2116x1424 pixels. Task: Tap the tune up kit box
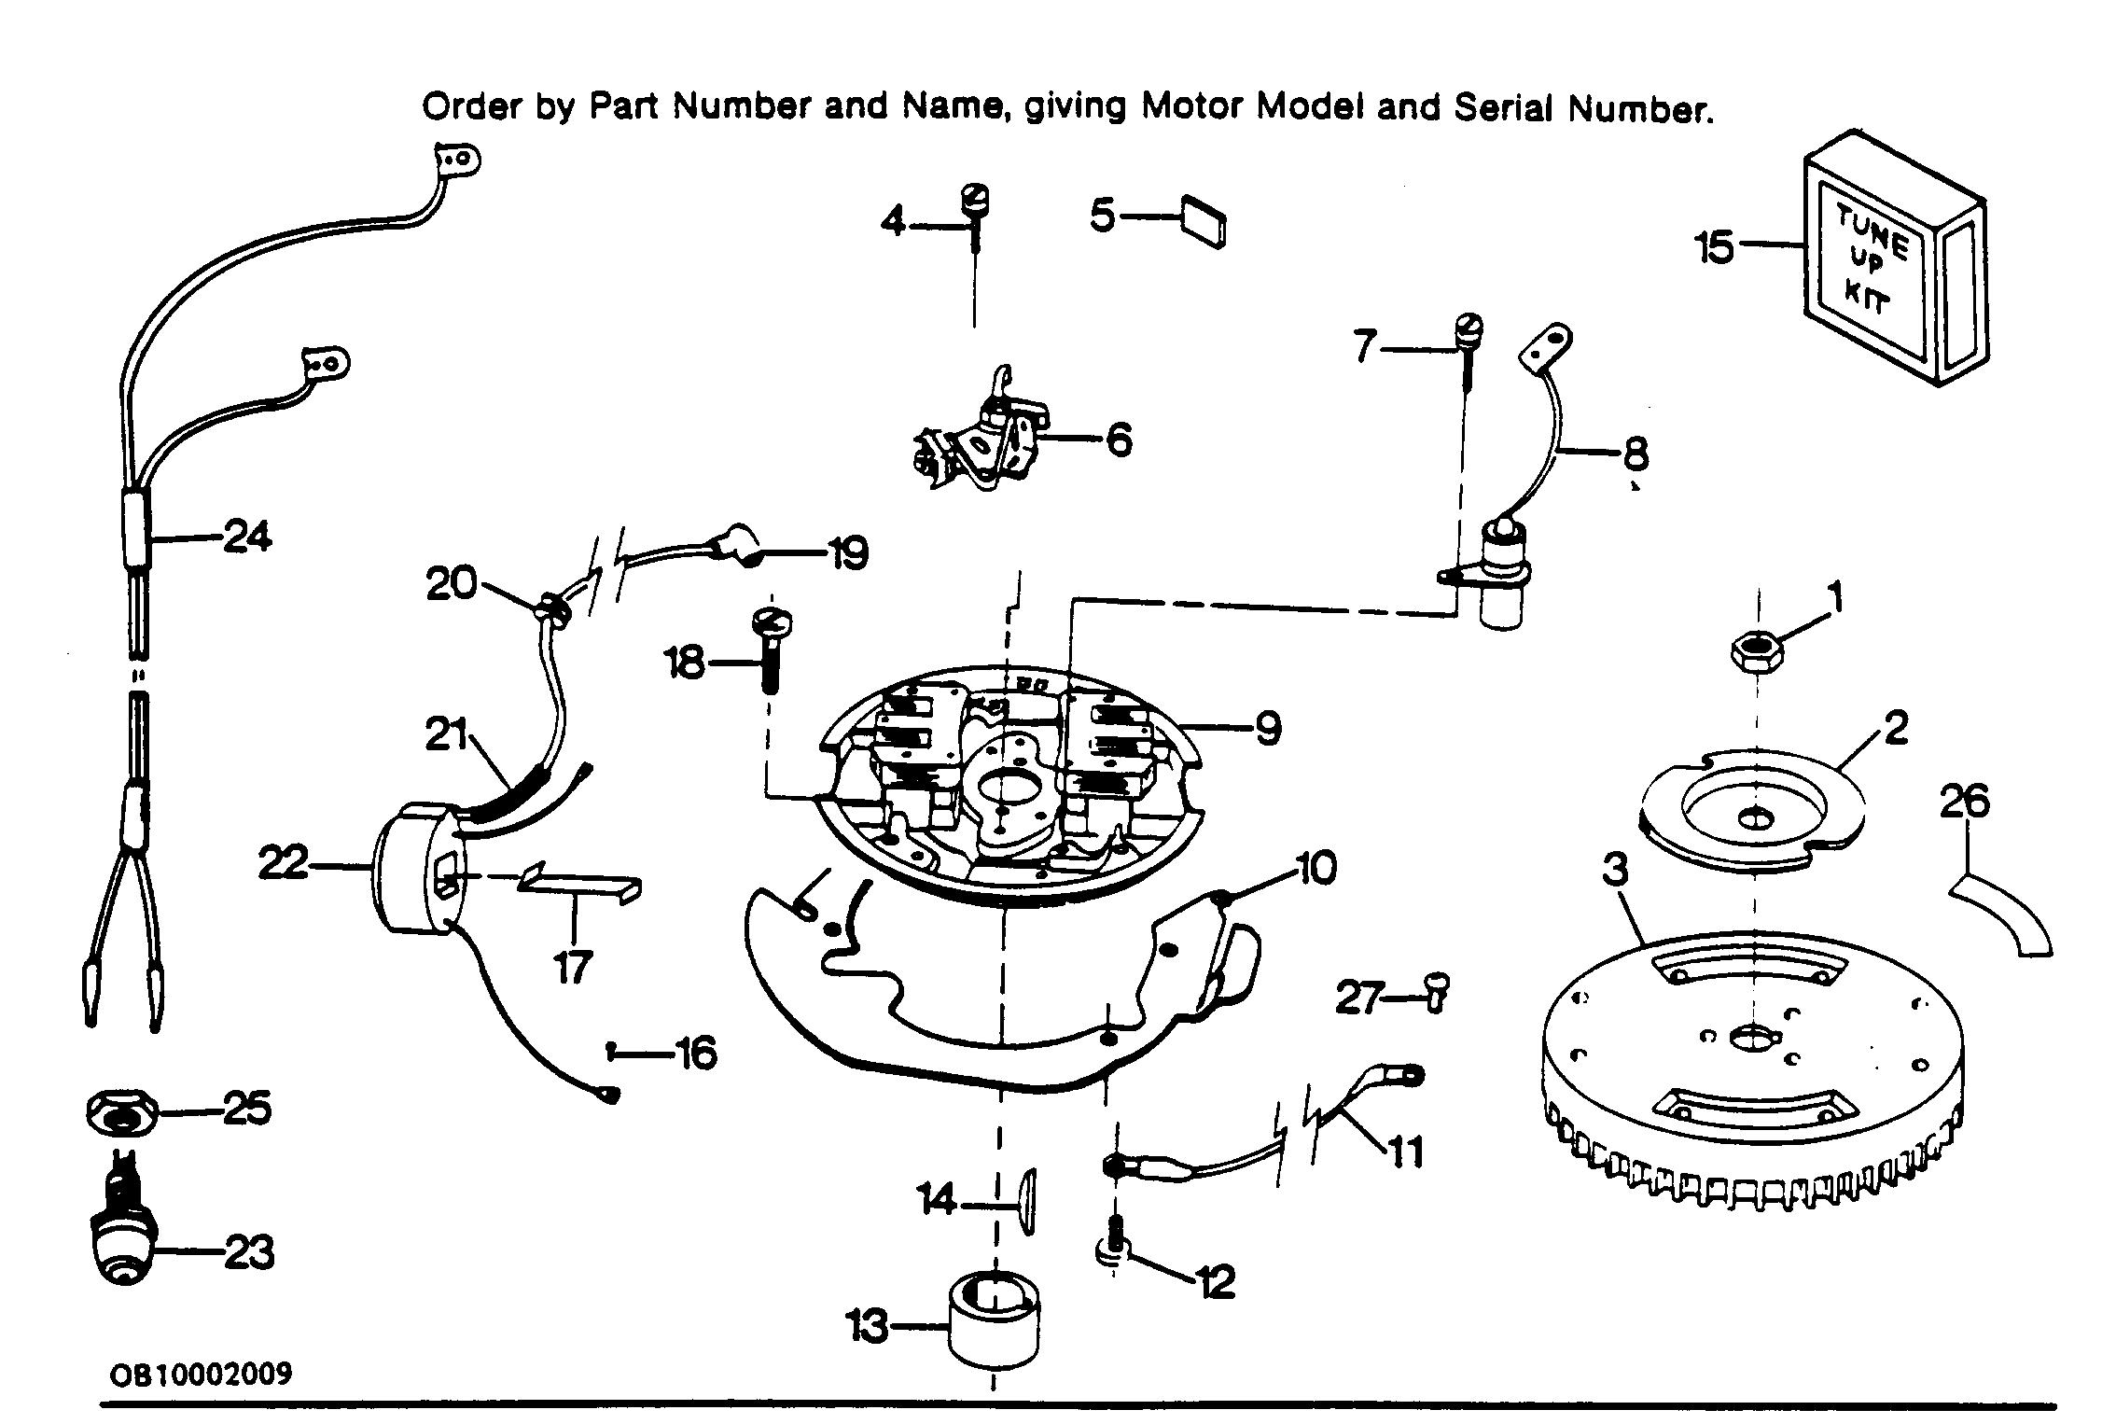pyautogui.click(x=1894, y=269)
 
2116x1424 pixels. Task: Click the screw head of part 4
pyautogui.click(x=976, y=201)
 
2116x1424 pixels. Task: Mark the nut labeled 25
pyautogui.click(x=121, y=1114)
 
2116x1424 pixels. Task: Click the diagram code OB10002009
pyautogui.click(x=201, y=1374)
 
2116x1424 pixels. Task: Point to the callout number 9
pyautogui.click(x=1267, y=729)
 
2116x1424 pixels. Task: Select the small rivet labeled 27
pyautogui.click(x=1438, y=992)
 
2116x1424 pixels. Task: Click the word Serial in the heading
pyautogui.click(x=1506, y=108)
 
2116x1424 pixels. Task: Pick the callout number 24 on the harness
pyautogui.click(x=246, y=537)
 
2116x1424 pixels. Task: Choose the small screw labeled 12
pyautogui.click(x=1113, y=1248)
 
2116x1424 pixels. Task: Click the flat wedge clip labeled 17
pyautogui.click(x=578, y=882)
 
